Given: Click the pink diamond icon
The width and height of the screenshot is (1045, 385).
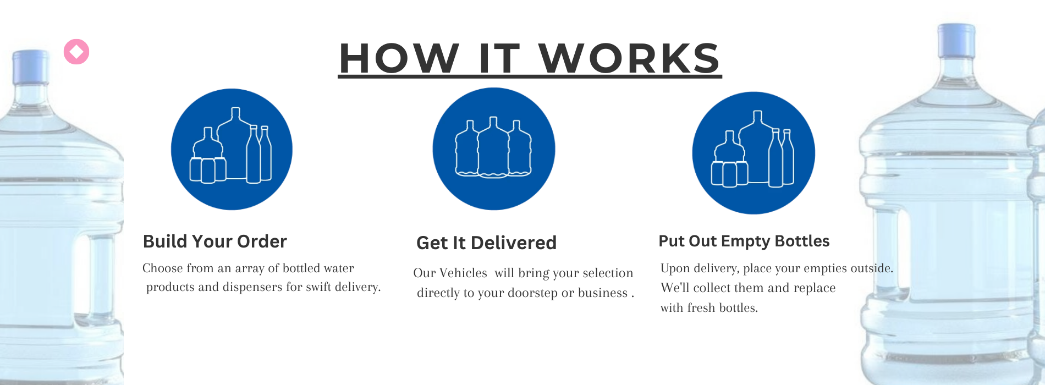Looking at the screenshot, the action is [x=76, y=52].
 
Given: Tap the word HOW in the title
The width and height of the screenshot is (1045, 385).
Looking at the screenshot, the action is [x=399, y=58].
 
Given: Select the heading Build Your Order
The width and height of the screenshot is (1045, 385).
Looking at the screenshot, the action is [x=215, y=241].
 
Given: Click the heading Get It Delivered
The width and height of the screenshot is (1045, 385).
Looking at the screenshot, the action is [x=486, y=243].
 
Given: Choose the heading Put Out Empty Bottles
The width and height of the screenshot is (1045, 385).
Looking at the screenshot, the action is [x=744, y=241].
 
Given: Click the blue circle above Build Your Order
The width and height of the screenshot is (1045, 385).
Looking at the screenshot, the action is [x=232, y=149].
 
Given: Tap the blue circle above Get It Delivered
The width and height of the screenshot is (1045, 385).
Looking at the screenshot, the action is [x=494, y=149].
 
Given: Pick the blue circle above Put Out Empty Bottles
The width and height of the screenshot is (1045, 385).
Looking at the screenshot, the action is [x=754, y=152].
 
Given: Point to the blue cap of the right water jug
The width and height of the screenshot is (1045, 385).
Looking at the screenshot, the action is [x=956, y=40].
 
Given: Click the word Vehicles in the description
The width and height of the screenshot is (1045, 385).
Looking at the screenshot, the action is [x=463, y=273].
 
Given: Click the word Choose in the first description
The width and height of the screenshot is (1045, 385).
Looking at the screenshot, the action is [x=162, y=268].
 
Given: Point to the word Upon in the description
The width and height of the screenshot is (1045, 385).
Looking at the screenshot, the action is [x=675, y=268].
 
